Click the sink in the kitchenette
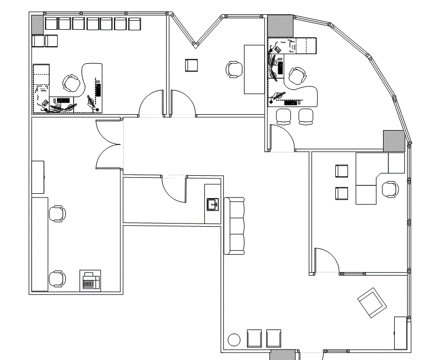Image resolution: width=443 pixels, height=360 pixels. (x=213, y=203)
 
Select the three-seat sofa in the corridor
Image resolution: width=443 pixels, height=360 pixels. (x=234, y=226)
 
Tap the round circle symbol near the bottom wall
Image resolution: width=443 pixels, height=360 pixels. (x=233, y=339)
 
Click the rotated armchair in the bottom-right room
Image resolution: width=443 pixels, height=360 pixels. (x=372, y=303)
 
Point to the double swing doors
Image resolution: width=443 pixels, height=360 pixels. (x=110, y=144)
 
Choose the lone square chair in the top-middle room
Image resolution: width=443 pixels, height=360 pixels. (x=191, y=65)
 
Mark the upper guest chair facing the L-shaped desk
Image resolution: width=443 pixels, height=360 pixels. (x=342, y=171)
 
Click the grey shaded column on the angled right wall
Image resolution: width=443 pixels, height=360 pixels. (x=394, y=140)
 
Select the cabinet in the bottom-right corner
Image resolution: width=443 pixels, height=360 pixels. (x=401, y=333)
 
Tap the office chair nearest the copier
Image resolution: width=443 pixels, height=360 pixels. (x=57, y=278)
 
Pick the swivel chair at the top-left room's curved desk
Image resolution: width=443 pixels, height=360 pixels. (x=71, y=83)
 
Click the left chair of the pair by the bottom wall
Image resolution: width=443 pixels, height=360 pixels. (x=255, y=338)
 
